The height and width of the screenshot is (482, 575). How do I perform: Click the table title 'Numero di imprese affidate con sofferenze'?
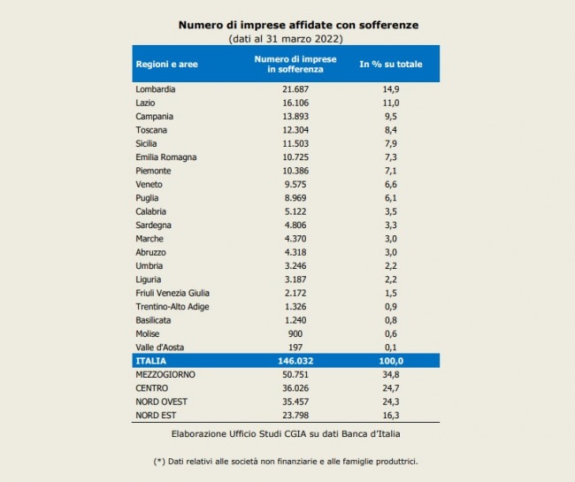pos(286,26)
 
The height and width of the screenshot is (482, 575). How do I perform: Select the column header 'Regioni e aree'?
pos(165,64)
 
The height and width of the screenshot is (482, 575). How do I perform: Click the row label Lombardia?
pos(156,89)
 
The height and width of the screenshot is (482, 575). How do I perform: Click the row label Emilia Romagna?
pos(166,157)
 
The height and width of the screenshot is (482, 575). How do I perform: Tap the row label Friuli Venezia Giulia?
pos(172,293)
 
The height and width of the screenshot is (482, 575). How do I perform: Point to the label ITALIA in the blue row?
pos(149,362)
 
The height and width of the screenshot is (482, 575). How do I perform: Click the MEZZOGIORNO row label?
pos(165,375)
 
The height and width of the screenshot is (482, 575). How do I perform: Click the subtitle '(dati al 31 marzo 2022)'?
pos(285,40)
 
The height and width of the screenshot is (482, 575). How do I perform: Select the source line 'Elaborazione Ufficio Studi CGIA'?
pos(285,435)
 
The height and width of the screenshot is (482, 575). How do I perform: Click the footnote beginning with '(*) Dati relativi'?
pos(285,462)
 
